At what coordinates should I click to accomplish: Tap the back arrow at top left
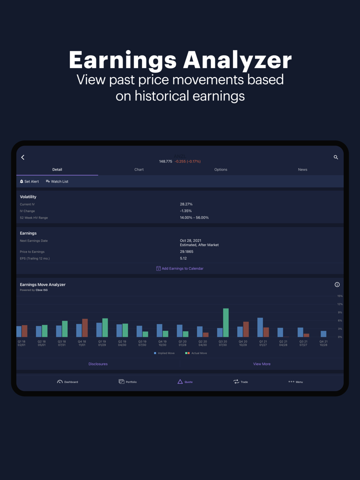coord(23,157)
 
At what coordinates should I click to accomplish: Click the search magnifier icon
coord(336,157)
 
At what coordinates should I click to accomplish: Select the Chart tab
coord(139,169)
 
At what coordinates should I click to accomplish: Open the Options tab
coord(220,169)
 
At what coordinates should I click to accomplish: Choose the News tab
coord(302,169)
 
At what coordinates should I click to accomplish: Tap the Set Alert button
coord(29,181)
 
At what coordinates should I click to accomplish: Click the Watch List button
coord(57,181)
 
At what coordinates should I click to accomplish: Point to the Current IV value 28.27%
coord(186,204)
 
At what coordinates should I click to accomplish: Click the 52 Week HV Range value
coord(194,218)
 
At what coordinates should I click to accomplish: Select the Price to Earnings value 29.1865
coord(186,252)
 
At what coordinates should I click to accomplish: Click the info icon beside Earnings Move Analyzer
coord(337,284)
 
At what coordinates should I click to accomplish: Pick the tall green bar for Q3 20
coord(226,323)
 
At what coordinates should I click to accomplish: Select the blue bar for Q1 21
coord(260,327)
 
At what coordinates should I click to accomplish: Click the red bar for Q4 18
coord(85,328)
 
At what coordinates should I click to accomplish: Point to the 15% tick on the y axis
coord(340,296)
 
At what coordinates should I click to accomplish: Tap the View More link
coord(261,364)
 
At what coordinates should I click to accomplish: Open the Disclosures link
coord(98,364)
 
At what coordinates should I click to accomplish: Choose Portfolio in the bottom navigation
coord(127,381)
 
